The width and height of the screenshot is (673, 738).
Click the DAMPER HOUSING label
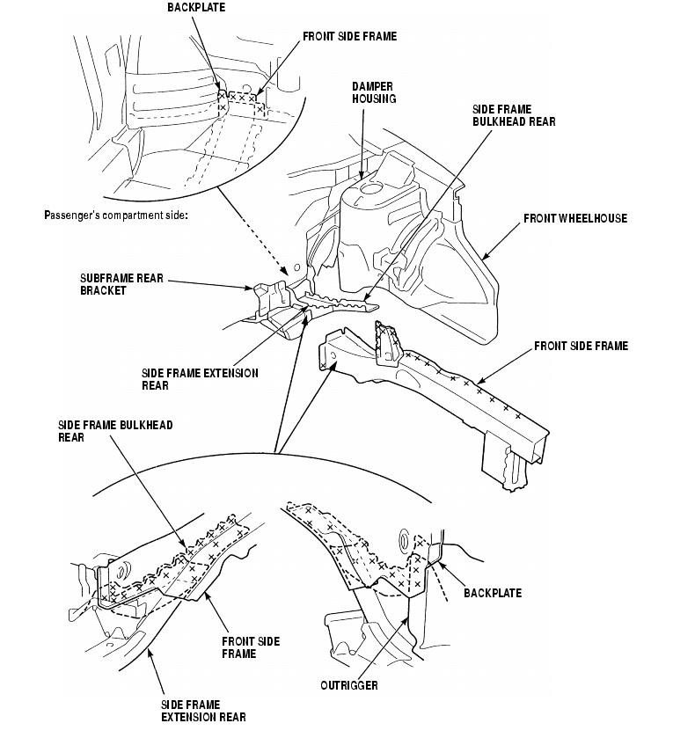[x=374, y=93]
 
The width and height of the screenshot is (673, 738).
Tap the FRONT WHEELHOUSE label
[x=574, y=218]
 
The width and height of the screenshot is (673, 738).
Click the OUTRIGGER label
[x=349, y=685]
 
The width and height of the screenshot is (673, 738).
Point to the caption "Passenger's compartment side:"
[x=115, y=216]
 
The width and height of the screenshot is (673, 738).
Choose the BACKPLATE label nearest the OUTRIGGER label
[x=492, y=593]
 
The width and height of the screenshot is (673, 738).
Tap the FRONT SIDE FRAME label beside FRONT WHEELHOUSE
[x=581, y=347]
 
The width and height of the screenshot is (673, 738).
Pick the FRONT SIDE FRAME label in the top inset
[x=349, y=37]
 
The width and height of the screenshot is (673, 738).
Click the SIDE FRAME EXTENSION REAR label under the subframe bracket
[x=200, y=379]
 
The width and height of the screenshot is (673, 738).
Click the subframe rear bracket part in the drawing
[x=269, y=294]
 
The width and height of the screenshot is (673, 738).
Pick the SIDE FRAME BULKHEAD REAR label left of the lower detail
[x=114, y=431]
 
